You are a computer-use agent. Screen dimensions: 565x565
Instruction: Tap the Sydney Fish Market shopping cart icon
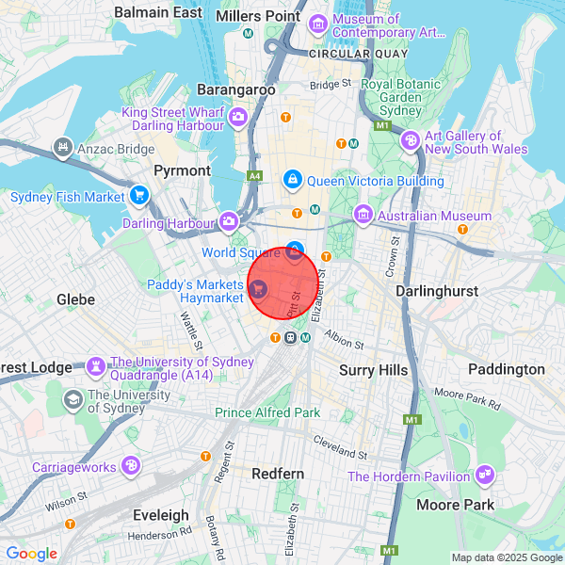[x=139, y=197]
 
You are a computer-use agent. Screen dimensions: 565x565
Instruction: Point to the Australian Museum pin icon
[x=363, y=216]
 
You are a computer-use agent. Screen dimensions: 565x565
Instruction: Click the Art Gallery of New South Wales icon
[x=410, y=141]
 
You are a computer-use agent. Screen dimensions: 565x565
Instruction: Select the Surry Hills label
[x=373, y=370]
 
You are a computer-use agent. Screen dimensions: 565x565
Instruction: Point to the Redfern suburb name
[x=278, y=474]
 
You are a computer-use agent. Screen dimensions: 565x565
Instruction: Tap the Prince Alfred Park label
[x=267, y=412]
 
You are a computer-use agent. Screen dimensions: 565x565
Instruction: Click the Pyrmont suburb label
[x=183, y=170]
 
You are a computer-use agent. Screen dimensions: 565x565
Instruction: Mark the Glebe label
[x=75, y=298]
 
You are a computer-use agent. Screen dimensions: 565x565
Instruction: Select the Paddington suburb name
[x=507, y=369]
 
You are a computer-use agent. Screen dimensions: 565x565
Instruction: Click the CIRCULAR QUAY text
[x=351, y=54]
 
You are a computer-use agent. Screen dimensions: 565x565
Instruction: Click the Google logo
[x=32, y=554]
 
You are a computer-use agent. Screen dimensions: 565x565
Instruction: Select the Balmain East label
[x=158, y=12]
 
